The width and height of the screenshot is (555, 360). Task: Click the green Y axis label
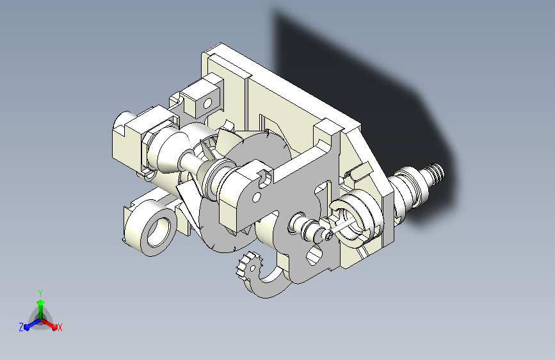(x=40, y=293)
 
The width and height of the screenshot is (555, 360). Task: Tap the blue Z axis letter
(x=21, y=327)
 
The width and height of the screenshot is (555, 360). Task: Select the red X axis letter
(x=60, y=328)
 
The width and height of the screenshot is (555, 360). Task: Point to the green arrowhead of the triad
(x=41, y=303)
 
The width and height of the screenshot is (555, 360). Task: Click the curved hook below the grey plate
(x=268, y=284)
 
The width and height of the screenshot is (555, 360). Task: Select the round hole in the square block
(x=207, y=104)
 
